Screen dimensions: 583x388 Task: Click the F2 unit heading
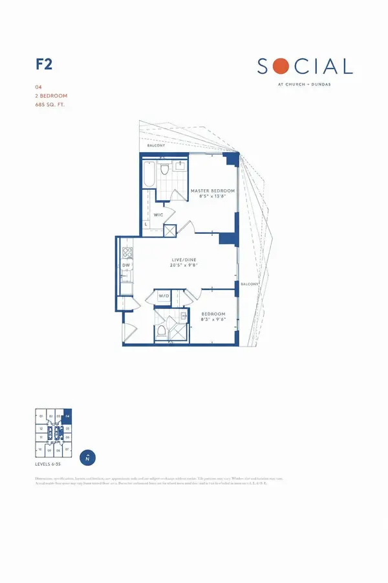click(43, 65)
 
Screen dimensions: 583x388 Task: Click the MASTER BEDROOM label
click(213, 191)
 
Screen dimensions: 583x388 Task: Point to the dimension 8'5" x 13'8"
click(213, 198)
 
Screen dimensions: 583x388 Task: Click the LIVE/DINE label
click(182, 258)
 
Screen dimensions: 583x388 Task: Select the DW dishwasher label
click(126, 266)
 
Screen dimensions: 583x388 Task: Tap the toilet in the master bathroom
click(166, 170)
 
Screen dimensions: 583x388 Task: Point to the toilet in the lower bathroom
click(160, 332)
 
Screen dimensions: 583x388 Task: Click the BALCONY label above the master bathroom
click(156, 146)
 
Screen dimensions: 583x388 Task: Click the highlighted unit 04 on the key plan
click(67, 416)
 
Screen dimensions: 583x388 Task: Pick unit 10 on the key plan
click(40, 448)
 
